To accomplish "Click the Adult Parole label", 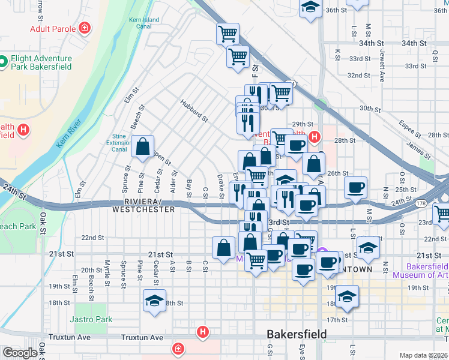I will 53,29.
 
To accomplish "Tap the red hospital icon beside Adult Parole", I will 86,28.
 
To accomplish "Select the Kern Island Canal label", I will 144,23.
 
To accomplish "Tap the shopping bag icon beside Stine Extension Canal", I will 143,147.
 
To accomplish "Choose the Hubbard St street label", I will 194,110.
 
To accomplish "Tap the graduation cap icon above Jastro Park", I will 154,301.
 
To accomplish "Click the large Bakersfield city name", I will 297,334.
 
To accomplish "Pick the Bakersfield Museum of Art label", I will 420,271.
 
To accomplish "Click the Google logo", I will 20,353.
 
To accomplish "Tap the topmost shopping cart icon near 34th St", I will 228,34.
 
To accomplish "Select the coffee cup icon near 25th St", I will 356,187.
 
